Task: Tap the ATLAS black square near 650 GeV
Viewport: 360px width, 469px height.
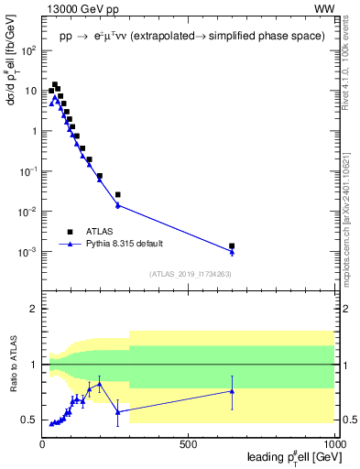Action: coord(232,245)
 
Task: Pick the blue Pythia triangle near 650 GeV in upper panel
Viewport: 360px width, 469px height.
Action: coord(232,252)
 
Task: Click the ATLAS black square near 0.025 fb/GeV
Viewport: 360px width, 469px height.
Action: coord(117,194)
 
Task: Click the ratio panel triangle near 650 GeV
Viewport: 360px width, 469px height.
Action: coord(232,391)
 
